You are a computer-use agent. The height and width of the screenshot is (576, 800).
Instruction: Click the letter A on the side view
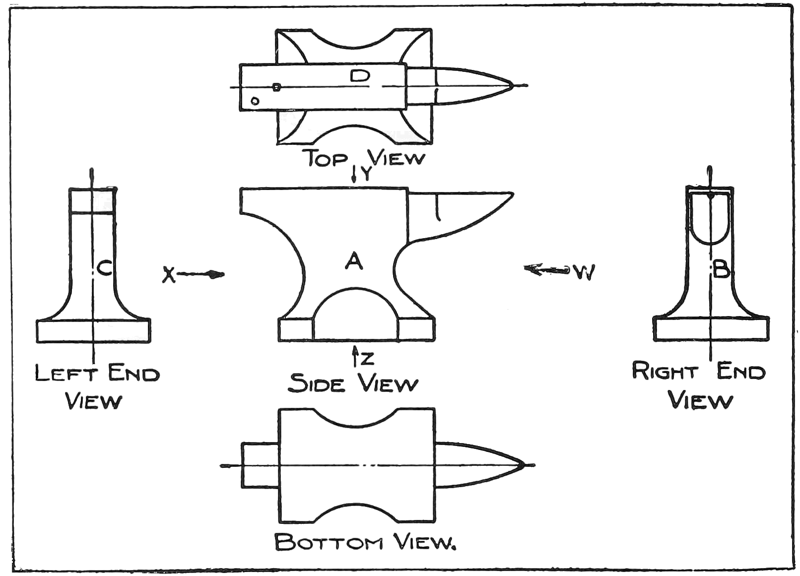coord(354,260)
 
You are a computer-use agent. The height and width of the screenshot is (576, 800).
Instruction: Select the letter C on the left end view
coord(105,268)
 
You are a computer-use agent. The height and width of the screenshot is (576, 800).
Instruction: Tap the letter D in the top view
coord(360,76)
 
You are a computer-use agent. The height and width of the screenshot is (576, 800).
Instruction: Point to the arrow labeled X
coord(199,274)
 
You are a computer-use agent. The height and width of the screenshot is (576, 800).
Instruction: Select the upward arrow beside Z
coord(355,356)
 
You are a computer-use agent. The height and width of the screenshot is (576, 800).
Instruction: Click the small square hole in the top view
coord(277,87)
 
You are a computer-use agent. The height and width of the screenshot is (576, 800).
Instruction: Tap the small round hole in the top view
coord(255,101)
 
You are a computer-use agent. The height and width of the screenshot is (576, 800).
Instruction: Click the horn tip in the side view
coord(511,194)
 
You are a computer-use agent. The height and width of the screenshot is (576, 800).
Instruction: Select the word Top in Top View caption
coord(326,159)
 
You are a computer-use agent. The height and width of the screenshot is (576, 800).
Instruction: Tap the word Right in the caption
coord(665,371)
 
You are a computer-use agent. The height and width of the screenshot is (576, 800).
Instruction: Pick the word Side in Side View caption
coord(316,383)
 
